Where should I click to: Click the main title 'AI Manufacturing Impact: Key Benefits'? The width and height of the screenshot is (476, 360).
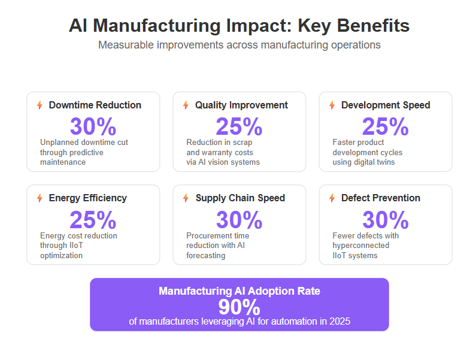tap(239, 26)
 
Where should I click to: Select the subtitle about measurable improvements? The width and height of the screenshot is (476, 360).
tap(239, 45)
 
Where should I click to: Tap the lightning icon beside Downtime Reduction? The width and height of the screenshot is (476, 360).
tap(40, 105)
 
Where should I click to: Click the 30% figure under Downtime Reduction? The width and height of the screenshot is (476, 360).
tap(93, 126)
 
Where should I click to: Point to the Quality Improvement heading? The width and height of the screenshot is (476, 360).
tap(241, 105)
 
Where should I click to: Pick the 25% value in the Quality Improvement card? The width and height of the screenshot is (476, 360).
tap(239, 126)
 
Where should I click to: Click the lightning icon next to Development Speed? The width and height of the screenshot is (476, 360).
tap(332, 105)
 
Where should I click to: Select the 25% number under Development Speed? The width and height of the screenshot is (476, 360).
tap(386, 126)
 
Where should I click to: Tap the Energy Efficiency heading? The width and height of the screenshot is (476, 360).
tap(88, 198)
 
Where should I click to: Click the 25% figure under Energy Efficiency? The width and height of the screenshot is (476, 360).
tap(93, 220)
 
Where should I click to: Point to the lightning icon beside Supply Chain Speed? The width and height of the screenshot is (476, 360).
tap(186, 198)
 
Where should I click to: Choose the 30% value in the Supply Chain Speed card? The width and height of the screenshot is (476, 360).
tap(239, 220)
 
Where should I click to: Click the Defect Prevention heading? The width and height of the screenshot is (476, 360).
tap(381, 198)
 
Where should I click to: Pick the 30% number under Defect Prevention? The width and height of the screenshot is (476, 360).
tap(386, 220)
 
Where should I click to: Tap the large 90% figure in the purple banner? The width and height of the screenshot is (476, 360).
tap(239, 307)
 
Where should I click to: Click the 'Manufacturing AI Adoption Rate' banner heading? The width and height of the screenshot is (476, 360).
tap(239, 291)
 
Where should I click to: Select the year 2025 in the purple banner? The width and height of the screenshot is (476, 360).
tap(339, 322)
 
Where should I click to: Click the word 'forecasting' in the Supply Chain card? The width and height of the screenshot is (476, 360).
tap(206, 256)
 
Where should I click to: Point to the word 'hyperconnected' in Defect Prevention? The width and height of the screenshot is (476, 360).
tap(361, 246)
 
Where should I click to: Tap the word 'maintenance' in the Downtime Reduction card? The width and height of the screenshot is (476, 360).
tap(63, 162)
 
